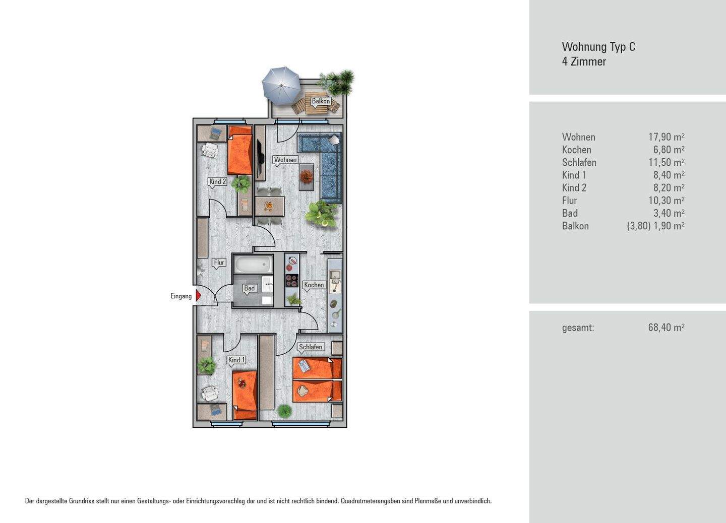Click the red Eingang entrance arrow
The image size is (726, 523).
coord(198,296)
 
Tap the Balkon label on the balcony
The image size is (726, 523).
coord(321,101)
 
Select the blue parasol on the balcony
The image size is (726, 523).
coord(281,86)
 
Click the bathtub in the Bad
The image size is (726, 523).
coord(253,264)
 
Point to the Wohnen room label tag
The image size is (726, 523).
coord(285,160)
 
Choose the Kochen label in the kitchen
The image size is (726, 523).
coord(314,285)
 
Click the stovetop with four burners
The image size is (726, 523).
coord(292,280)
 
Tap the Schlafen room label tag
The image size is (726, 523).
coord(311,347)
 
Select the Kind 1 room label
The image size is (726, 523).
coord(237,360)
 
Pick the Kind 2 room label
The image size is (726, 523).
coord(217,182)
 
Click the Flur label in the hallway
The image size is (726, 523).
coord(219,263)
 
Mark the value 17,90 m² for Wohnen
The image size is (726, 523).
coord(667,137)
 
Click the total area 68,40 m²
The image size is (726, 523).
coord(667,328)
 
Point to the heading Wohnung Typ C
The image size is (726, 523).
coord(598,47)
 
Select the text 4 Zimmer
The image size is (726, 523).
coord(584,61)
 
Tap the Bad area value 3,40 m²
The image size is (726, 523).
coord(669,213)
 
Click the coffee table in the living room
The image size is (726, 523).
coord(307,177)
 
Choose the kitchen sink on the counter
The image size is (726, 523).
coord(334,275)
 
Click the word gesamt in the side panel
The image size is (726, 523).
coord(578,328)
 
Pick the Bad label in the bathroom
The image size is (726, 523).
coord(249,288)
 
